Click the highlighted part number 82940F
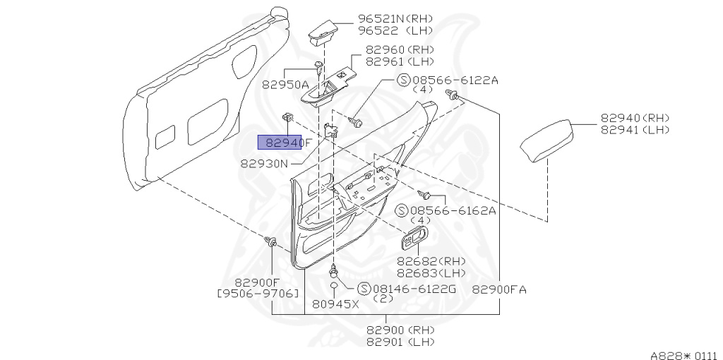coord(280,142)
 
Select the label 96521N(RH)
coord(395,18)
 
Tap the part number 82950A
coord(285,84)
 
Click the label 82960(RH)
coord(399,50)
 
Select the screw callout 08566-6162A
coord(453,210)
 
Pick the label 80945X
coord(336,304)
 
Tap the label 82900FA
coord(499,289)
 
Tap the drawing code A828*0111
coord(683,355)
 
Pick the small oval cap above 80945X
coord(333,286)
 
